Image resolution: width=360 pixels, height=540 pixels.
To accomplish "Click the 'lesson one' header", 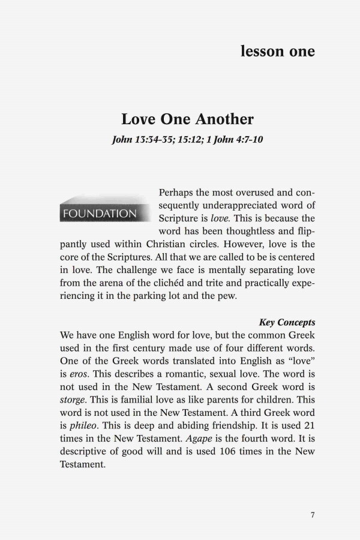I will (277, 52).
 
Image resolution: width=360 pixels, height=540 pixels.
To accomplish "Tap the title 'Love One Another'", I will (187, 119).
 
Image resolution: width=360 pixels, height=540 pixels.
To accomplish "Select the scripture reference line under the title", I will (187, 140).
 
